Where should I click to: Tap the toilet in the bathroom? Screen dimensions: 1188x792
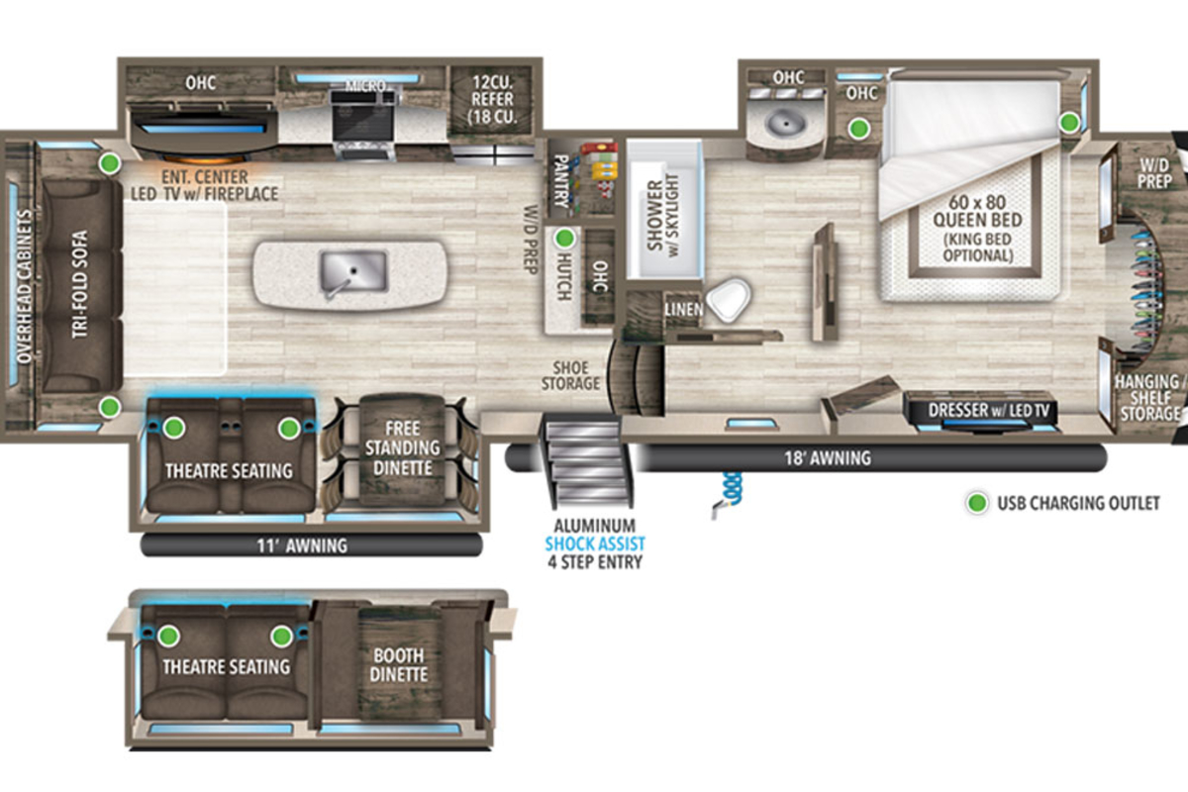click(730, 299)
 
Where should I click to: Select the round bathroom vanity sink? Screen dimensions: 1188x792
click(785, 124)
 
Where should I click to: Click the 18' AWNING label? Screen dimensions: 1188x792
click(828, 457)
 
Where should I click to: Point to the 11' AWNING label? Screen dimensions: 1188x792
click(302, 545)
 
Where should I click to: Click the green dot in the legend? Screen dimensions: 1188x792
click(977, 503)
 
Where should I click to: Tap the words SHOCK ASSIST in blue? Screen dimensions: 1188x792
click(595, 544)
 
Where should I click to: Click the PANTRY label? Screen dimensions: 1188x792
click(560, 181)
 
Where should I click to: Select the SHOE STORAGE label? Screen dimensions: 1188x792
click(570, 375)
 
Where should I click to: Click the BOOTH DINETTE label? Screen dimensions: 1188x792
click(399, 665)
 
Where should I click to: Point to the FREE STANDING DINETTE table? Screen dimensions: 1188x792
click(402, 449)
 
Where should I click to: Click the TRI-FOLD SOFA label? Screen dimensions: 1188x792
click(80, 284)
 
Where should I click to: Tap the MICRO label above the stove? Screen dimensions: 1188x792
click(365, 85)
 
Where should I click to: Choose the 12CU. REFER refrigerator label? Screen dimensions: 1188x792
click(493, 99)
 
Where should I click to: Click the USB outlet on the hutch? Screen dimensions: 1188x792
click(565, 239)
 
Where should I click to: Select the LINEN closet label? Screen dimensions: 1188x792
click(684, 309)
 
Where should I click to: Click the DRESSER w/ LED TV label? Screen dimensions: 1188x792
click(989, 410)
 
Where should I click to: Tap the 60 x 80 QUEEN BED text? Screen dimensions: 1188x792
click(977, 211)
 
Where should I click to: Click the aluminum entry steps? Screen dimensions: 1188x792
click(587, 461)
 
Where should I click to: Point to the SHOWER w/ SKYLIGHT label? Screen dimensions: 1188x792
click(662, 216)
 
